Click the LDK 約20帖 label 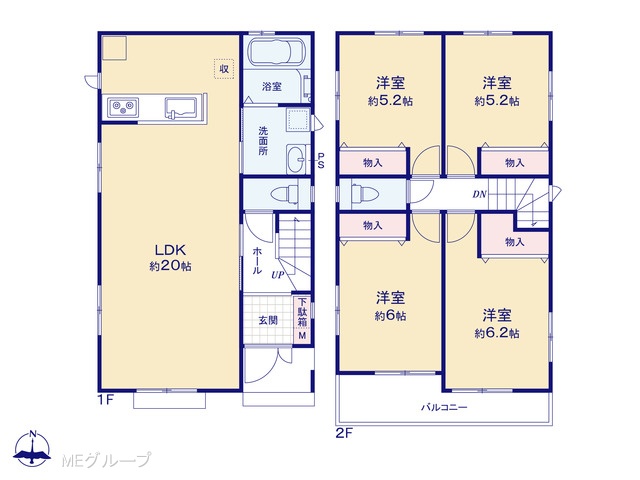170,258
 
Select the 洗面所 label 263,141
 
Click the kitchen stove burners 123,107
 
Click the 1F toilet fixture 285,193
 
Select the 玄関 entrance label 268,320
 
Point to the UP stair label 278,275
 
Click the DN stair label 479,194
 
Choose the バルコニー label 444,407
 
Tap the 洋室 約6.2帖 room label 497,324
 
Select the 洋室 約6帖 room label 390,306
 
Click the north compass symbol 33,448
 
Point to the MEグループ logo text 107,460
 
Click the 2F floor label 344,433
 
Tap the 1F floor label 105,400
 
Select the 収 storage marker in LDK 224,69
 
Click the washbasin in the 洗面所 296,160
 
